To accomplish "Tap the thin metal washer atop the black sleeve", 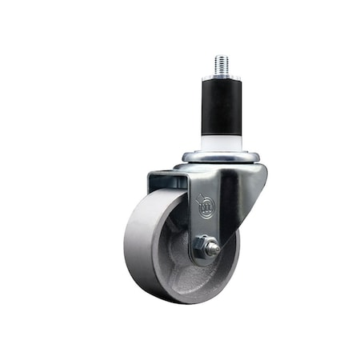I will click(219, 77).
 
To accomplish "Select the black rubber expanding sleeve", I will click(219, 104).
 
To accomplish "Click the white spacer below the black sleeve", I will click(219, 142).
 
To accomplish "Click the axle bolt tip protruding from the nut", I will click(214, 250).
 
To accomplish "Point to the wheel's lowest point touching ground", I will click(172, 302).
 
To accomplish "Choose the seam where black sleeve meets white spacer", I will click(219, 134).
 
